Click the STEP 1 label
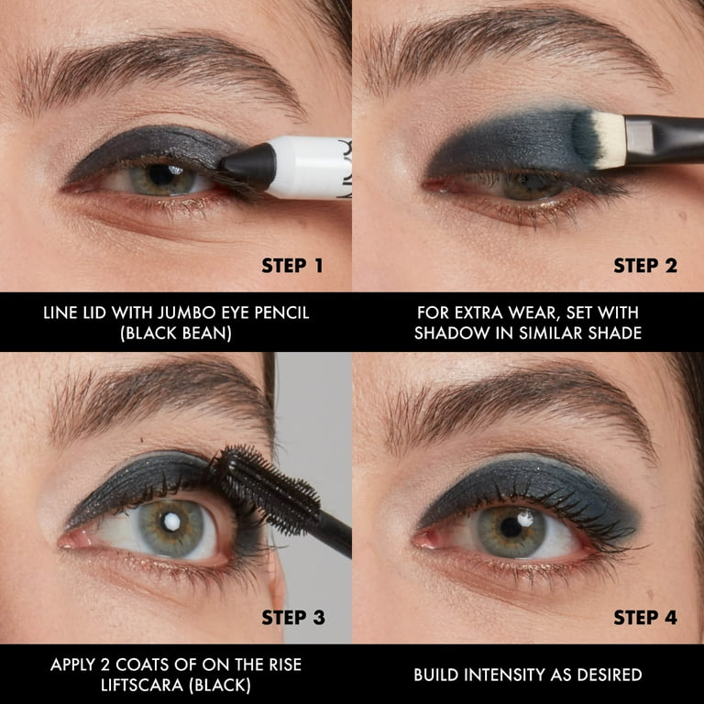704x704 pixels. (x=291, y=266)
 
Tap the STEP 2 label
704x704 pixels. (x=644, y=266)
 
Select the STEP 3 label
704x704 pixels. (x=292, y=618)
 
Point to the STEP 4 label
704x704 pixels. (x=644, y=618)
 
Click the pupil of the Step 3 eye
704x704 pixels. (x=171, y=524)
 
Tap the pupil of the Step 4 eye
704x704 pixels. (x=511, y=527)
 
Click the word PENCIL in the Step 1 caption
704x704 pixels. (x=278, y=313)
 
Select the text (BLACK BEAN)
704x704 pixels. (x=176, y=333)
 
